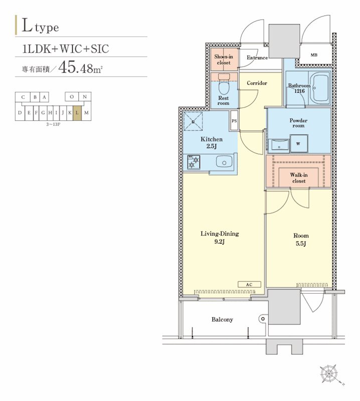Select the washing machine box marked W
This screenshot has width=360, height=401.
[299, 144]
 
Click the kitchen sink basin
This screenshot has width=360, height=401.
[224, 162]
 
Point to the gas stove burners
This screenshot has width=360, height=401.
[194, 162]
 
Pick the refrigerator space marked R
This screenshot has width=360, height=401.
[193, 121]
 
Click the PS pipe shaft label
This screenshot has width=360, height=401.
[234, 121]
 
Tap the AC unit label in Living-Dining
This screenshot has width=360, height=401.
[249, 284]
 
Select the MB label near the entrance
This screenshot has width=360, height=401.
[314, 55]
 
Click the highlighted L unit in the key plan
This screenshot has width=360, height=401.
[77, 112]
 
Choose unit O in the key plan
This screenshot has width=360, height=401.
[72, 97]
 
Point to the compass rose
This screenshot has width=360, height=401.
[329, 373]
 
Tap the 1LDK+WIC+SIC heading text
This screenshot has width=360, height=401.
[66, 49]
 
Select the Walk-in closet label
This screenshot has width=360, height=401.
[299, 178]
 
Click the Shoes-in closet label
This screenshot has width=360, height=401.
[224, 60]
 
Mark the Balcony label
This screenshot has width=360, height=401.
[222, 319]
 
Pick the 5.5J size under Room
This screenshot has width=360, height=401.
[301, 244]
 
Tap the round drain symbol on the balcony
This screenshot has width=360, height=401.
[263, 319]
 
